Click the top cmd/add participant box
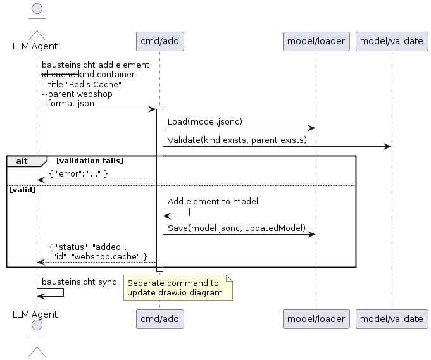click(x=159, y=41)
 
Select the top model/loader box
click(x=316, y=41)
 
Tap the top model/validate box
click(x=391, y=41)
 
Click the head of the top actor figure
click(x=37, y=8)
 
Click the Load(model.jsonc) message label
click(x=205, y=121)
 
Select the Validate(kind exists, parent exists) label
click(x=237, y=139)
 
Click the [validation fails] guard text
click(x=90, y=161)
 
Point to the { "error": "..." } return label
click(x=78, y=173)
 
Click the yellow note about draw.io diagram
click(x=177, y=288)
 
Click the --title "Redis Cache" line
click(x=82, y=84)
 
